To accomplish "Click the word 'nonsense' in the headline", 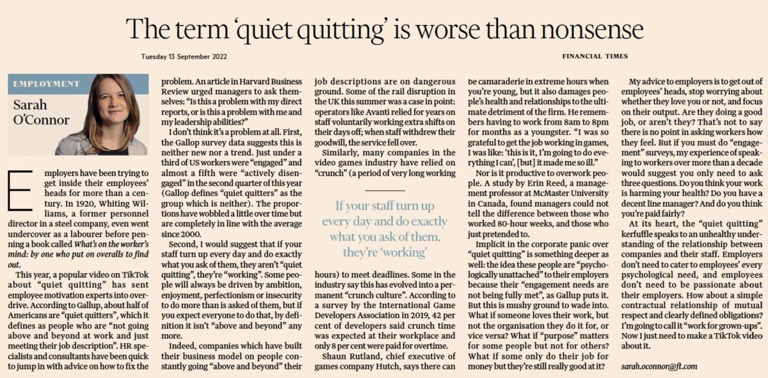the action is (592, 29).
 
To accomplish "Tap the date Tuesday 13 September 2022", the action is (184, 56).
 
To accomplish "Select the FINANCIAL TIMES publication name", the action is (595, 56).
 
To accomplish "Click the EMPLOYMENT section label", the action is (46, 84).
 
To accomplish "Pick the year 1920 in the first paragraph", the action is (79, 203).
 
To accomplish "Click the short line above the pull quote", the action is (385, 190).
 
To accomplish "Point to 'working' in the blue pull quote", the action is (405, 252).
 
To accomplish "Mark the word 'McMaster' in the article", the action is (549, 193).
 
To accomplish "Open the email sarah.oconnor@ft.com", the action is (659, 366).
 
